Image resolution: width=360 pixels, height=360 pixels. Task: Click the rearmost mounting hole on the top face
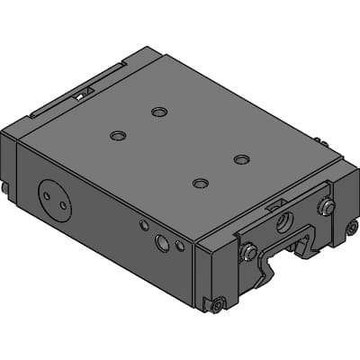pos(159,112)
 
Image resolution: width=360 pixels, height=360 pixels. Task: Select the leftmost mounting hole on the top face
pos(118,136)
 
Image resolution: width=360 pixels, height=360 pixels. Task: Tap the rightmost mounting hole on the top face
pos(240,159)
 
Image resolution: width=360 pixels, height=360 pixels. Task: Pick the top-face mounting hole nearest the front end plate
pos(200,184)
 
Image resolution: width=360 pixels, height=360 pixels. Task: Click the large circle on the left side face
pos(54,197)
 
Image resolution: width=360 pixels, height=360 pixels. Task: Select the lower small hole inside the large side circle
pos(62,206)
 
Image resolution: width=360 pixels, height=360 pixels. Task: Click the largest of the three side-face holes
pos(162,242)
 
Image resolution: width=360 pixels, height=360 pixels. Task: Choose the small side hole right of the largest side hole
pos(180,245)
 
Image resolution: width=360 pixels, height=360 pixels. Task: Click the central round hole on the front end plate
pos(284,219)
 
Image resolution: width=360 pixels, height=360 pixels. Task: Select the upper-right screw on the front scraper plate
pos(327,208)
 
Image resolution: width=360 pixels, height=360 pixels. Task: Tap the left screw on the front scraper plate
pos(248,253)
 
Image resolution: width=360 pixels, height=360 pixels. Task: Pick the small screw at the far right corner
pos(352,229)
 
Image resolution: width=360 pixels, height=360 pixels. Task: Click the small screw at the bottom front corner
pos(217,305)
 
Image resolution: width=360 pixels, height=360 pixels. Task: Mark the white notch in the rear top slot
pos(80,92)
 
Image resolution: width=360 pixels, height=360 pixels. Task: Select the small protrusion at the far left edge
pos(4,189)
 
